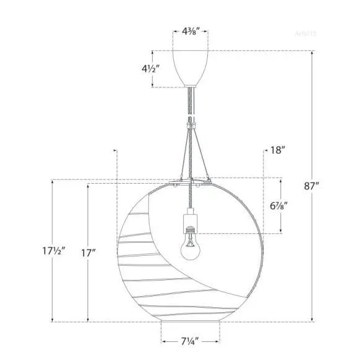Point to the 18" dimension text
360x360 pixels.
click(277, 150)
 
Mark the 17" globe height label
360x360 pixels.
click(89, 253)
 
